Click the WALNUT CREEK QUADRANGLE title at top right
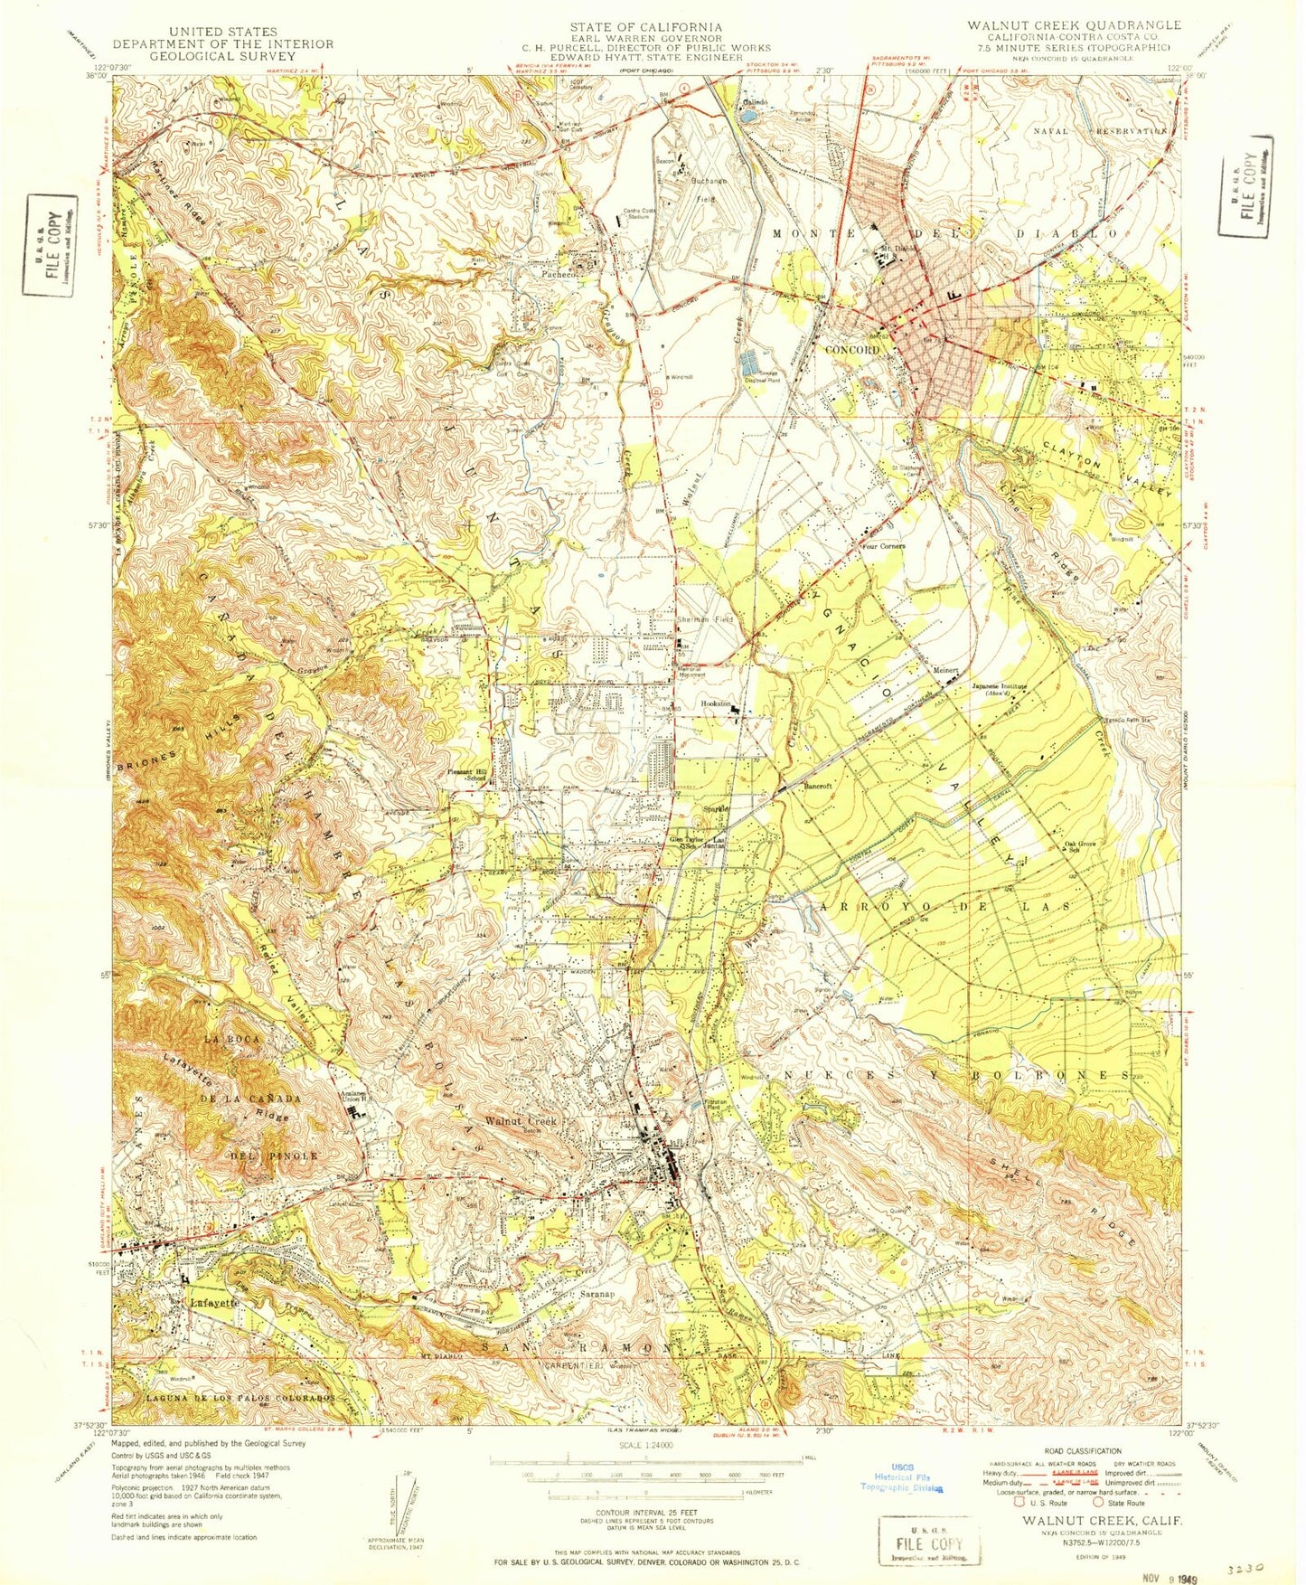(1061, 24)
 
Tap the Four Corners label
(883, 546)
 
